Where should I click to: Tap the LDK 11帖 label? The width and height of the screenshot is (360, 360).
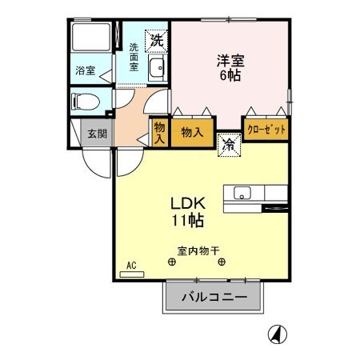[x=188, y=210]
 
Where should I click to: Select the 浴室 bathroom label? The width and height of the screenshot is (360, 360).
[x=85, y=70]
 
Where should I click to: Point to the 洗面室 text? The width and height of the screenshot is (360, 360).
[x=134, y=58]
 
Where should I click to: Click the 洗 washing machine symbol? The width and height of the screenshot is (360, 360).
[x=154, y=37]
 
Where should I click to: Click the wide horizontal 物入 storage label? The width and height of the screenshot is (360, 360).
[x=192, y=130]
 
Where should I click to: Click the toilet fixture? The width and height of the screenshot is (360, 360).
[x=85, y=102]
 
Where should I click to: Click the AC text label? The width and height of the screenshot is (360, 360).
[x=131, y=263]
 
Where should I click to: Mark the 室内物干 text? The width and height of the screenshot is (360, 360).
[x=196, y=248]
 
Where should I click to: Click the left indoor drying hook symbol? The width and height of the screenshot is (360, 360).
[x=171, y=262]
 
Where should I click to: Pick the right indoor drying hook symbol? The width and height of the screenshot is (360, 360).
[x=222, y=262]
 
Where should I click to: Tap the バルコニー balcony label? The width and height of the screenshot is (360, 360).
[x=214, y=298]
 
